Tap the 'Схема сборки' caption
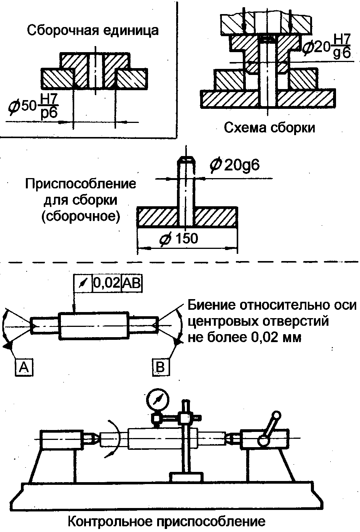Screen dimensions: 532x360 [x=269, y=127]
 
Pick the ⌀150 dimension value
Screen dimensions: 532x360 [x=179, y=239]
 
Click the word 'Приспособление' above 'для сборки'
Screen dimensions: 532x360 [x=81, y=184]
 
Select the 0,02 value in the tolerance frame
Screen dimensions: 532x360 [x=107, y=284]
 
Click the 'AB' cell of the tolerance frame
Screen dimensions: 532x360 [x=132, y=284]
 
